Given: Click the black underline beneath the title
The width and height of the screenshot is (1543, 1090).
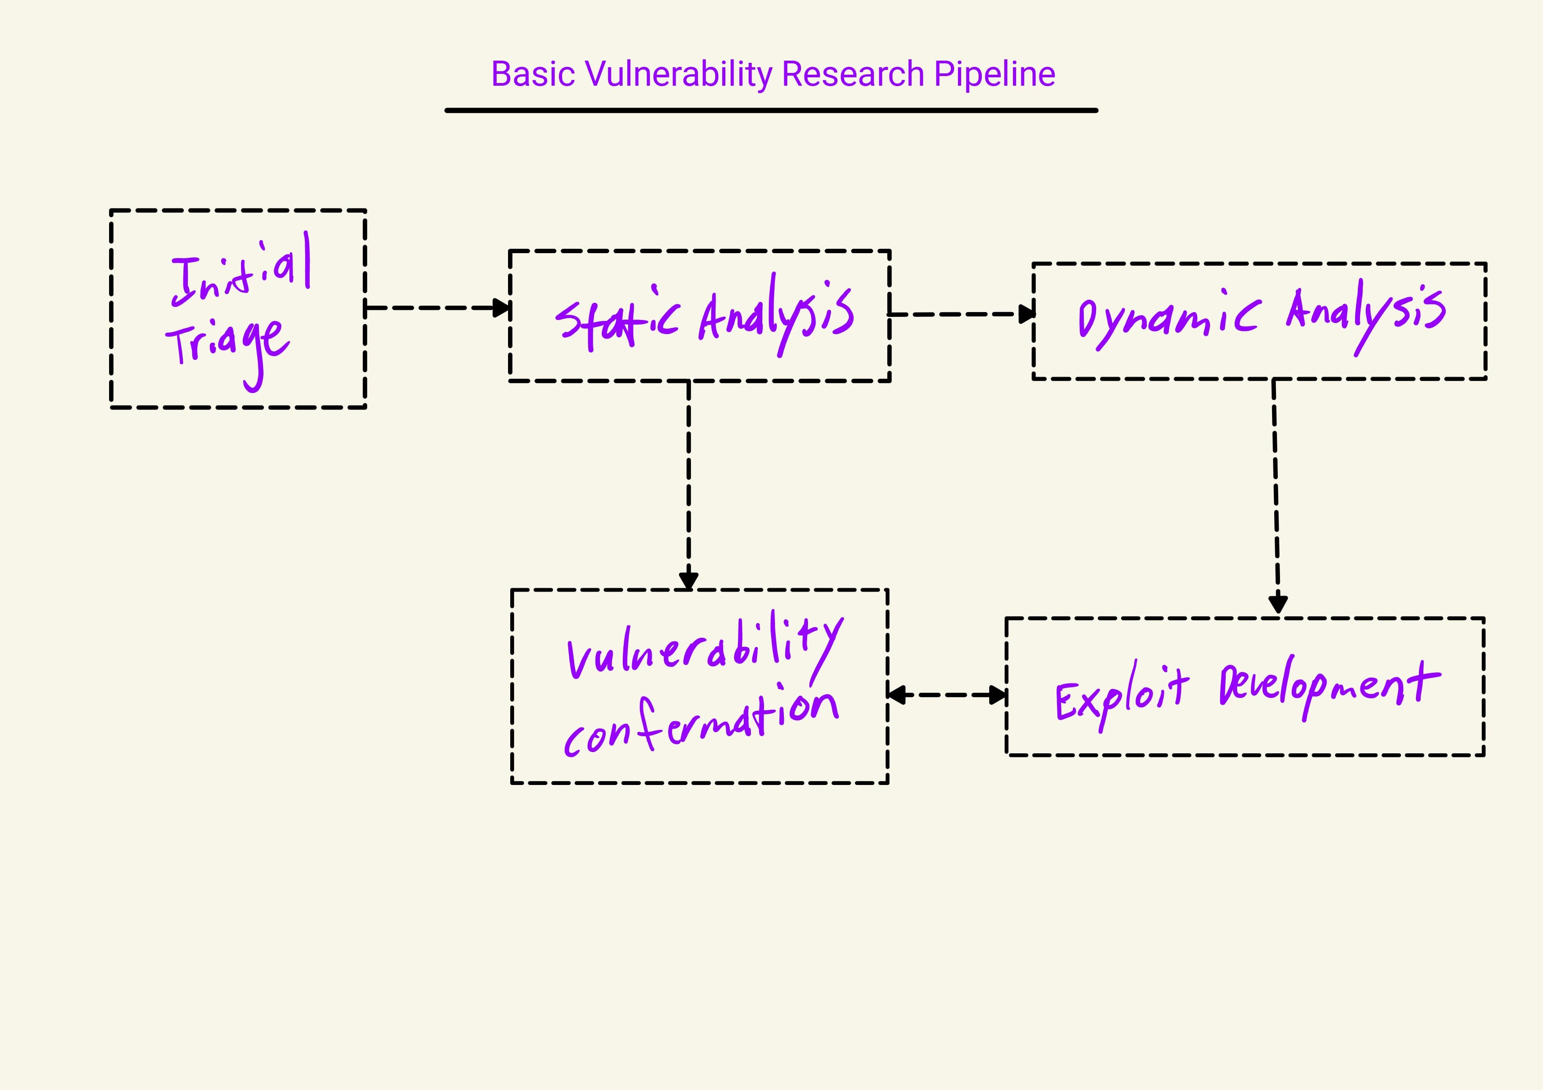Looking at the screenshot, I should coord(771,110).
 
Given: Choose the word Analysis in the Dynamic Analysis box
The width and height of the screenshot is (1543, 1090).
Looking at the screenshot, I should coord(1364,312).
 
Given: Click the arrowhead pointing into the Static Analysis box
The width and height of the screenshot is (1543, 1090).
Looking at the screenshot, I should coord(502,308).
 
